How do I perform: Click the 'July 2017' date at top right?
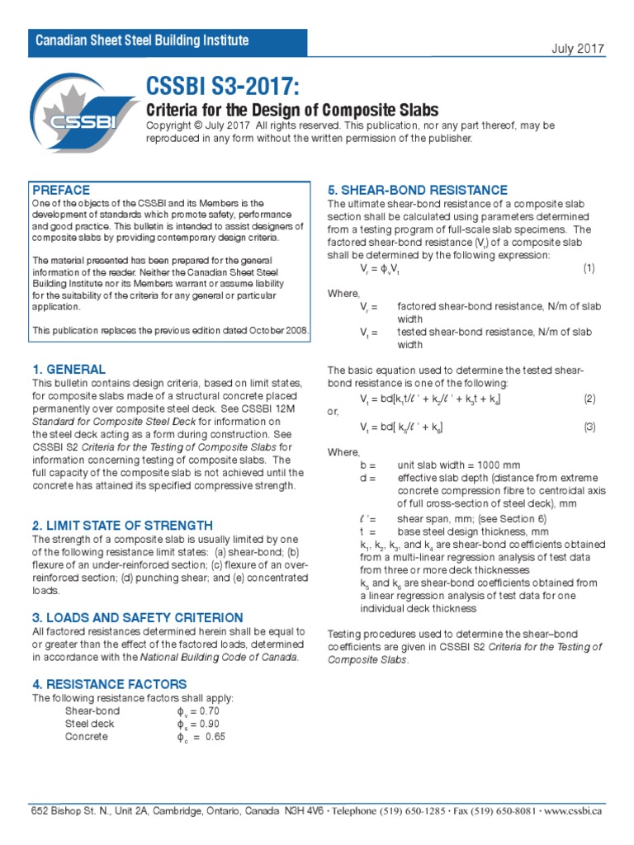pos(579,49)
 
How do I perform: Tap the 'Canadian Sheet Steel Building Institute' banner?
pos(140,41)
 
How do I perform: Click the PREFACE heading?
pos(61,191)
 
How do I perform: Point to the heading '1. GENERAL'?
pos(69,370)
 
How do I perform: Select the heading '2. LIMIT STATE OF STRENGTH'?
pos(122,526)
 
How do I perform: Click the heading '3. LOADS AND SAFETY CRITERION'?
pos(137,617)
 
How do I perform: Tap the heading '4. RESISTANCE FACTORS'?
pos(109,684)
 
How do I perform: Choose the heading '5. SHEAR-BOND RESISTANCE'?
pos(417,191)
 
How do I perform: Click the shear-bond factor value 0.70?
pos(205,711)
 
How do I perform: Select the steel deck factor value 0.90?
pos(205,724)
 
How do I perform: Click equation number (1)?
pos(589,269)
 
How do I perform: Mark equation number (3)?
pos(589,427)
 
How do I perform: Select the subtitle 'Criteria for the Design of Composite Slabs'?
pos(291,111)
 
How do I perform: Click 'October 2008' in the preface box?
pos(277,331)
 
